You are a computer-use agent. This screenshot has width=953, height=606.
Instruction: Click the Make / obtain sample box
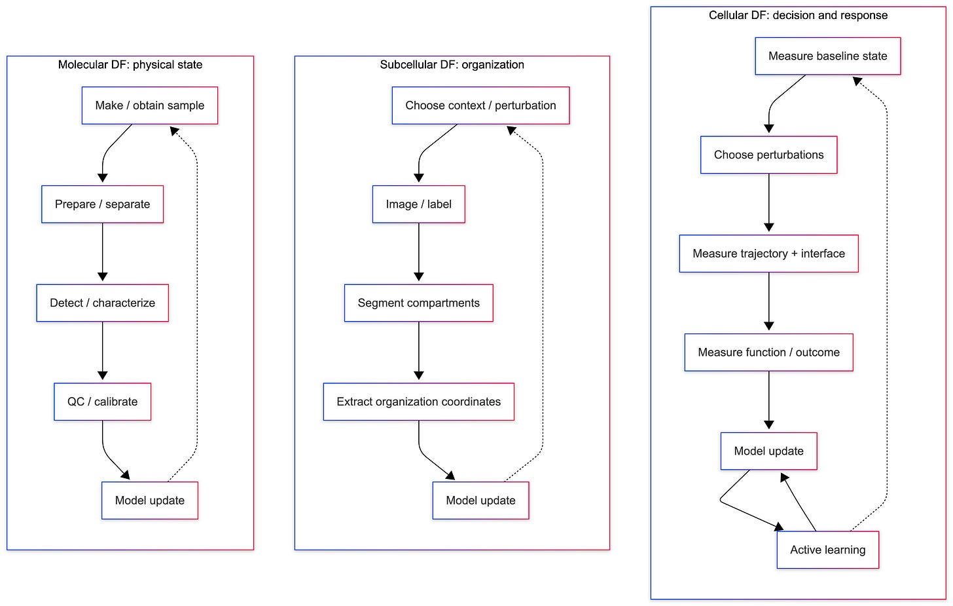[150, 105]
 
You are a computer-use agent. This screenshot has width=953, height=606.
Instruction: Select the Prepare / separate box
[103, 204]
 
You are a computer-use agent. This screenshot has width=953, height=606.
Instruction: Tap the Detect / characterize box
[103, 303]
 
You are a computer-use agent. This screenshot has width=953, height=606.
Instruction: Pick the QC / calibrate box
[103, 402]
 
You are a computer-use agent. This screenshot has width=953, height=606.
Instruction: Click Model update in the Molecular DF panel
[150, 501]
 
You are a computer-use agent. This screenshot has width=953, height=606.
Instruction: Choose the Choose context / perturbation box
[480, 105]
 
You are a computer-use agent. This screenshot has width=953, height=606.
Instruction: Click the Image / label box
[419, 204]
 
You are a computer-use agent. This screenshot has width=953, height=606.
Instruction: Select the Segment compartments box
[419, 303]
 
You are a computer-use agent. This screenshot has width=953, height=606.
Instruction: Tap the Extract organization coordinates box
[419, 402]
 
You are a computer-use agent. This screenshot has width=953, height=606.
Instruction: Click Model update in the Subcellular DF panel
[480, 501]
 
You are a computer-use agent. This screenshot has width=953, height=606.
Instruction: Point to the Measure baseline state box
[828, 56]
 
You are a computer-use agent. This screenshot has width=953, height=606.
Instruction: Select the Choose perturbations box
[769, 155]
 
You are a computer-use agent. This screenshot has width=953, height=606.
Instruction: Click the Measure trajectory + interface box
[769, 254]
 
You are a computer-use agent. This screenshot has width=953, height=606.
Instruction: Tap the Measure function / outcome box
[769, 352]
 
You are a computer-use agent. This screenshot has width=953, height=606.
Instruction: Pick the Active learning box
[828, 550]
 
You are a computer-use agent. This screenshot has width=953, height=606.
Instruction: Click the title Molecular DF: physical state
[130, 65]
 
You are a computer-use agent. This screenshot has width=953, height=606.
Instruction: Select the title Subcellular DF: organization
[452, 65]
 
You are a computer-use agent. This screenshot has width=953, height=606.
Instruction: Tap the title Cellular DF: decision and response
[798, 15]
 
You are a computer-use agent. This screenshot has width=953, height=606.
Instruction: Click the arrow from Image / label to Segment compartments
[419, 252]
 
